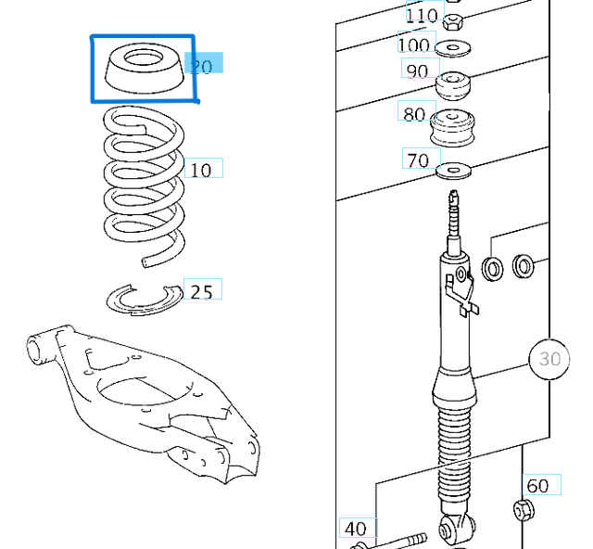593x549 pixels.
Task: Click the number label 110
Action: click(x=422, y=15)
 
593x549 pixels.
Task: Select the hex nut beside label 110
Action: click(x=453, y=21)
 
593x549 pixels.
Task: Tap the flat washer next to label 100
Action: click(x=453, y=48)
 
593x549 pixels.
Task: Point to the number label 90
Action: click(x=418, y=70)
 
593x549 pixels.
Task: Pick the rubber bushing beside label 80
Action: click(x=453, y=126)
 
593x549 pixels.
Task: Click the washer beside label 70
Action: click(x=453, y=170)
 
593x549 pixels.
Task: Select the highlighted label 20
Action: click(x=203, y=65)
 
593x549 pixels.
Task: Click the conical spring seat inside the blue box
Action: click(x=142, y=70)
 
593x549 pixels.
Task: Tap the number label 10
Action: click(x=201, y=170)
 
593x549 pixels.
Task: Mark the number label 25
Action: click(x=201, y=291)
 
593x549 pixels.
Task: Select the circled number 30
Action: click(x=549, y=358)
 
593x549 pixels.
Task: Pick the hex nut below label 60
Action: click(x=522, y=509)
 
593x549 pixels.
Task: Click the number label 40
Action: click(x=356, y=529)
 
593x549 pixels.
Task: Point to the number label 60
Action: click(x=537, y=486)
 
